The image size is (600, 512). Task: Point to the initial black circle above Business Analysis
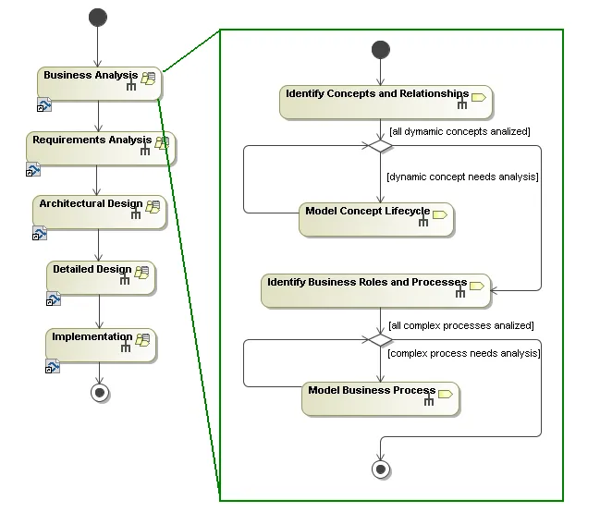pos(98,18)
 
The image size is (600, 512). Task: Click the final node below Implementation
pos(101,393)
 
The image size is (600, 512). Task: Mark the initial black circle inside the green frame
pos(380,49)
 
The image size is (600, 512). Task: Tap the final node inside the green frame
pos(380,469)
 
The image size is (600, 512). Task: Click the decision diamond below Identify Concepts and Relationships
pos(380,146)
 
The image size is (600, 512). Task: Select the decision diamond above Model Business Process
pos(380,340)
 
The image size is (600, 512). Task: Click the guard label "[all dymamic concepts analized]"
pos(459,132)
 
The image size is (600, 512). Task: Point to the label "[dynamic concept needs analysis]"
pos(462,176)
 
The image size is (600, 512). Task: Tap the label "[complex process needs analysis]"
pos(463,353)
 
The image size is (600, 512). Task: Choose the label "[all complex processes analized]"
pos(460,325)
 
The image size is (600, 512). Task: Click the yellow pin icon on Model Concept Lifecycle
pos(440,214)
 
